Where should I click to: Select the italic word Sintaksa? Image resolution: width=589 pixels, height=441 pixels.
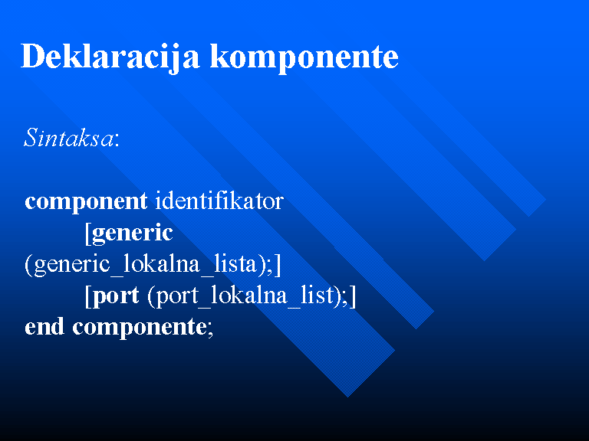pos(68,138)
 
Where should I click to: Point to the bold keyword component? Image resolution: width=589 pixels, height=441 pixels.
pos(86,202)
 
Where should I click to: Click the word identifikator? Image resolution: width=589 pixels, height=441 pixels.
pos(219,201)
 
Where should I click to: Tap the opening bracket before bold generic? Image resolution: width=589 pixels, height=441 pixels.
pos(88,234)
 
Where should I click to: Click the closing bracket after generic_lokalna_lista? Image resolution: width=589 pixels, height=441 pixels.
pos(278,265)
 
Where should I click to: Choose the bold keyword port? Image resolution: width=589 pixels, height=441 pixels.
pos(116,296)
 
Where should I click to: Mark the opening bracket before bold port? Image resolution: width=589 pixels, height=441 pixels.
pos(88,296)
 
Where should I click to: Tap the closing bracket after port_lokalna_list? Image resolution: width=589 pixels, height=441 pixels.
pos(353,296)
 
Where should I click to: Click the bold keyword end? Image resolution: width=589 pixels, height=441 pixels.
pos(44,326)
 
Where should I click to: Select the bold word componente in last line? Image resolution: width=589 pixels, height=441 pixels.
pos(140,328)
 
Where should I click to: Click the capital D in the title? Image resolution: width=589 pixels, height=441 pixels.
pos(34,56)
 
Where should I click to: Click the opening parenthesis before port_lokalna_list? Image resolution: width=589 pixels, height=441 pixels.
pos(151,296)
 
